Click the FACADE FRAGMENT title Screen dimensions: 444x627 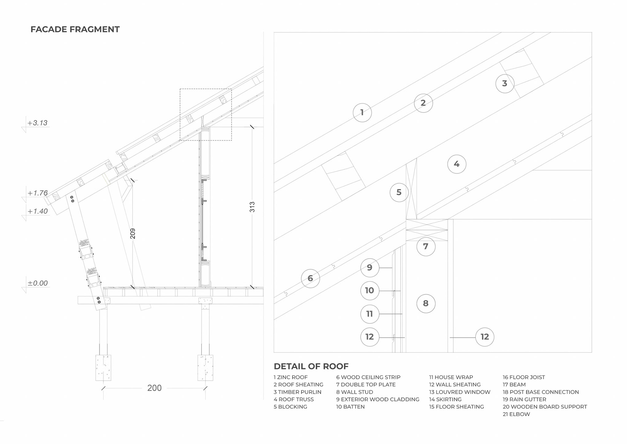click(x=75, y=29)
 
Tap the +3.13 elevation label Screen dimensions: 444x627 click(x=38, y=123)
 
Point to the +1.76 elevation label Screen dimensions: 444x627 click(x=38, y=193)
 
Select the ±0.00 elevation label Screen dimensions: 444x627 click(x=38, y=283)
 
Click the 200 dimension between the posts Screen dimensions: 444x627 click(x=154, y=388)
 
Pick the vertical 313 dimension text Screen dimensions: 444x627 click(x=252, y=207)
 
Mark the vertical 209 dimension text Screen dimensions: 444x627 click(x=133, y=233)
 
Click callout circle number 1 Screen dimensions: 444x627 click(x=362, y=112)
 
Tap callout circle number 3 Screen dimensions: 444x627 click(x=505, y=83)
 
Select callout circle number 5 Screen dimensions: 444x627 click(x=399, y=192)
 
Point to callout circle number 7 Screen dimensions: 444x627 click(x=426, y=247)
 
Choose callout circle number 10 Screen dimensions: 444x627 click(x=370, y=290)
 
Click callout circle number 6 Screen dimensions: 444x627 click(x=310, y=278)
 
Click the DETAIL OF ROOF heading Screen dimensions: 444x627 click(x=311, y=366)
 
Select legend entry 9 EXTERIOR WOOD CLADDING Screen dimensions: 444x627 click(x=378, y=399)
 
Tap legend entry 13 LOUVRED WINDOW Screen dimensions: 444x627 click(x=459, y=392)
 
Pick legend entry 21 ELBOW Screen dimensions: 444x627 click(x=516, y=414)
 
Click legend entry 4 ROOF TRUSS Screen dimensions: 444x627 click(x=294, y=399)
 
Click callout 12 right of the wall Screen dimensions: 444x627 click(x=485, y=337)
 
